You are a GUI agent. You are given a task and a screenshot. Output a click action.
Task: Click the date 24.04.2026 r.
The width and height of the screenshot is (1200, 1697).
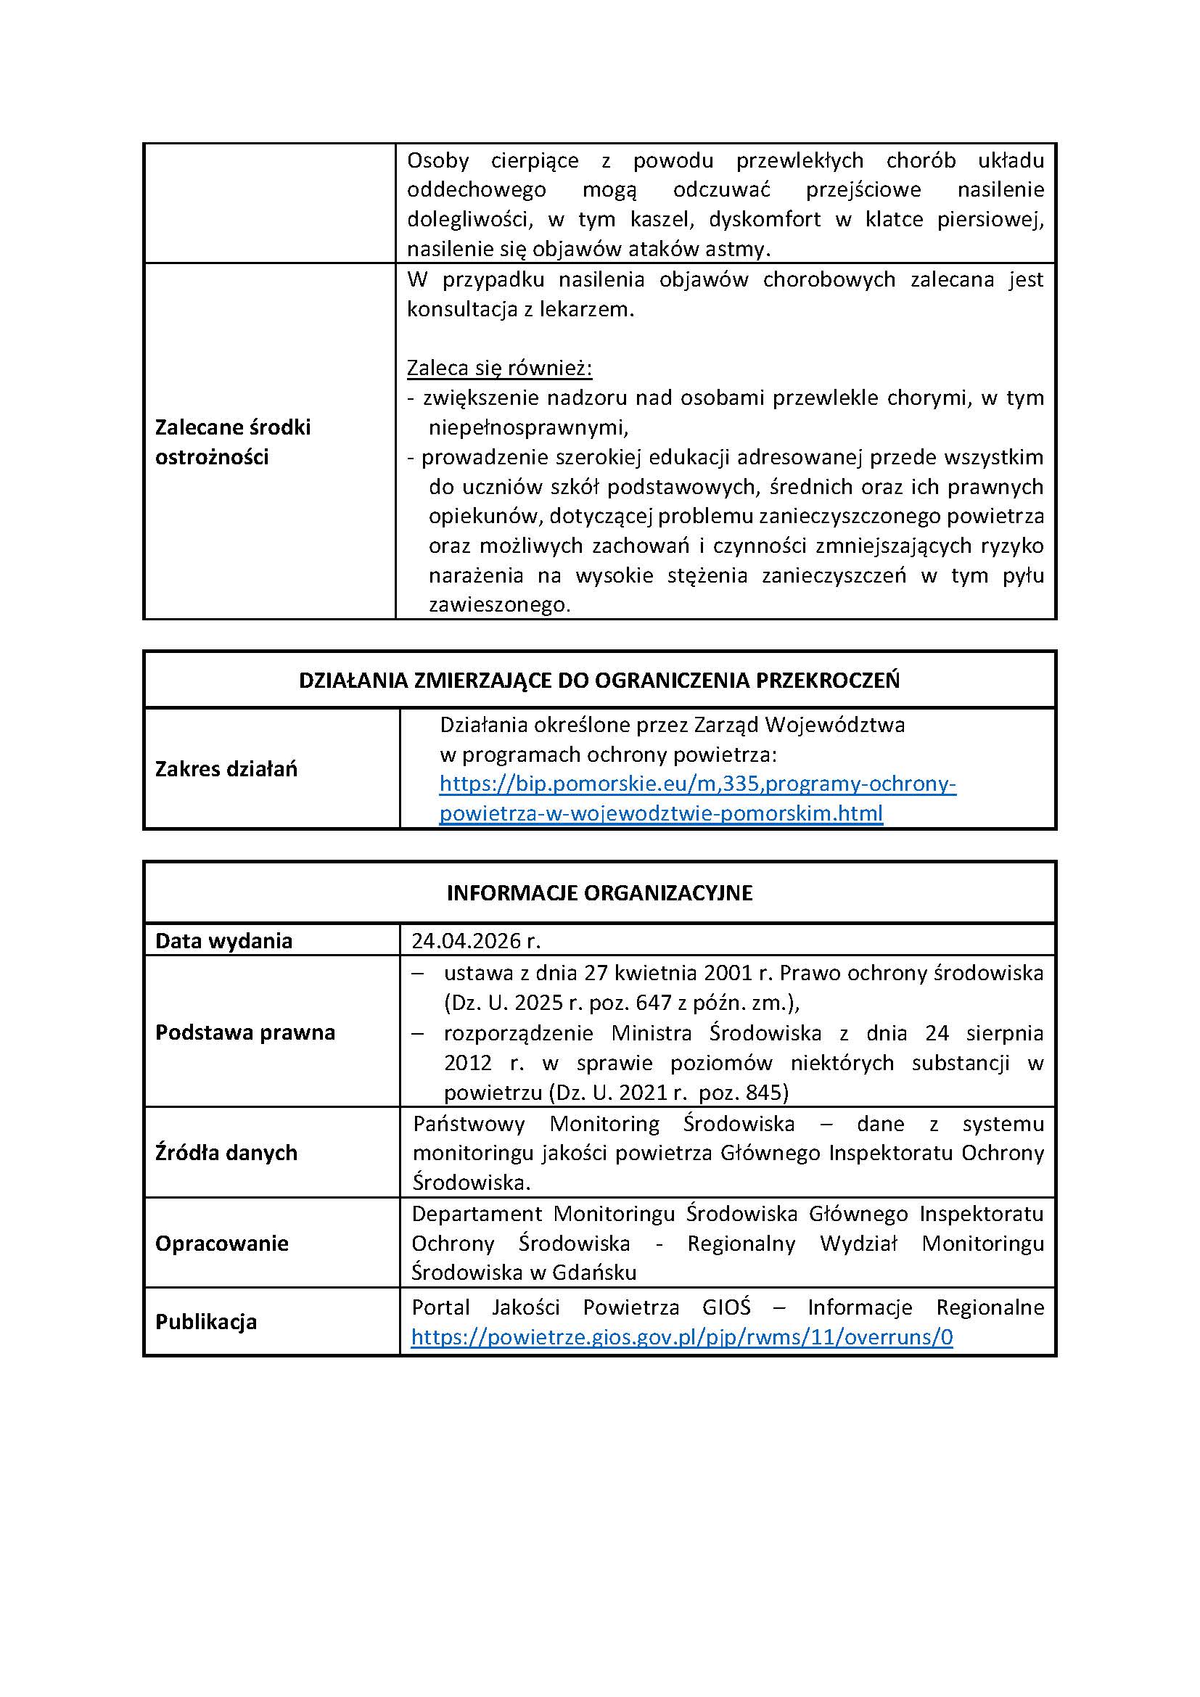[476, 940]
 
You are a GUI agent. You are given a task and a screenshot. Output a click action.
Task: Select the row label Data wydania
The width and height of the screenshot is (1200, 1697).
[223, 941]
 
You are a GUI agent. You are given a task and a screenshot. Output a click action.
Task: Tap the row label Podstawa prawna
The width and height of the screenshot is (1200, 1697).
[244, 1032]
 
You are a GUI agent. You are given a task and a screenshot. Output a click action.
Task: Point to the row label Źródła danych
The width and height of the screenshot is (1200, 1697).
[226, 1152]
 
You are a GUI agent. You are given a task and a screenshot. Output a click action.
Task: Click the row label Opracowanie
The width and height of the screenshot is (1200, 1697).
[222, 1244]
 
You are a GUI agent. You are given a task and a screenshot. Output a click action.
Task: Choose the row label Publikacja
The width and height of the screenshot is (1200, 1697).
[205, 1321]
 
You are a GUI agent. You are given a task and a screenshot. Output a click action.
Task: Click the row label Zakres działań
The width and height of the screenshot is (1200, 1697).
[226, 768]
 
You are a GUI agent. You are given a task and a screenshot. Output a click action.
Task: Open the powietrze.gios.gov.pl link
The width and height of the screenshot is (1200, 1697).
[681, 1337]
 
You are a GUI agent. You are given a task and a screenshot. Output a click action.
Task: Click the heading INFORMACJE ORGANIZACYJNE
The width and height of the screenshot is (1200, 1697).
[599, 893]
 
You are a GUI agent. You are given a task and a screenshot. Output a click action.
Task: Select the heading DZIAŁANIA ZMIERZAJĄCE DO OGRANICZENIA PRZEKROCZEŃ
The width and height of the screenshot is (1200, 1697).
[599, 680]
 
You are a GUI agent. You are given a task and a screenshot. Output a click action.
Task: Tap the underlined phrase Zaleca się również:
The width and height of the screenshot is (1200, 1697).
[499, 368]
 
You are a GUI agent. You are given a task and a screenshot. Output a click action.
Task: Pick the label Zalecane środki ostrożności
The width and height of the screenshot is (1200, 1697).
[232, 442]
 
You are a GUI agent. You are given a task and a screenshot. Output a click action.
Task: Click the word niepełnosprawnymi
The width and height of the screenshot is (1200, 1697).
[527, 427]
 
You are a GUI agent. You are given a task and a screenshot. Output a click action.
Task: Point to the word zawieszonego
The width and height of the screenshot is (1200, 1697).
[498, 605]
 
